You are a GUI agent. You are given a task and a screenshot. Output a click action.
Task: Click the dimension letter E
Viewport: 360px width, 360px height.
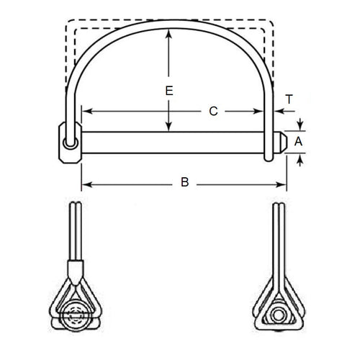point(168,91)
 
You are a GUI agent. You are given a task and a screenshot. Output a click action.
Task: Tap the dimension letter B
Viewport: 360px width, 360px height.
point(184,184)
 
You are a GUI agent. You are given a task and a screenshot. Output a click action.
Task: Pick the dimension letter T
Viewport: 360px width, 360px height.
point(289,100)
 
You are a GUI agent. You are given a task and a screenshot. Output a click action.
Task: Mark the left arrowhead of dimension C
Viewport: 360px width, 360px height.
point(85,111)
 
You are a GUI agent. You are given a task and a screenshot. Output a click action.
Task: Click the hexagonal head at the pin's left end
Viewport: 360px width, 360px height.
point(68,143)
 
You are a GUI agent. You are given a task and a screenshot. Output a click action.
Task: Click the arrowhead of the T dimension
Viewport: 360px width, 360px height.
point(277,111)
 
